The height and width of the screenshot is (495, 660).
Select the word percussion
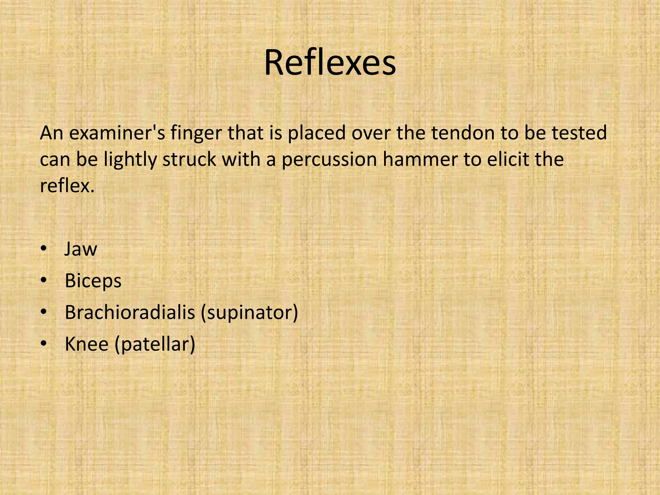tap(329, 160)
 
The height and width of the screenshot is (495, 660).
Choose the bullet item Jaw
tap(81, 249)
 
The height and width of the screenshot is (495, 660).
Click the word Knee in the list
tap(87, 344)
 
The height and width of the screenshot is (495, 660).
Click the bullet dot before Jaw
tap(44, 249)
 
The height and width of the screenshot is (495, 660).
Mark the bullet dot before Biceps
tap(44, 281)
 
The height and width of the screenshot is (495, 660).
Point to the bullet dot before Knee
tap(44, 344)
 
